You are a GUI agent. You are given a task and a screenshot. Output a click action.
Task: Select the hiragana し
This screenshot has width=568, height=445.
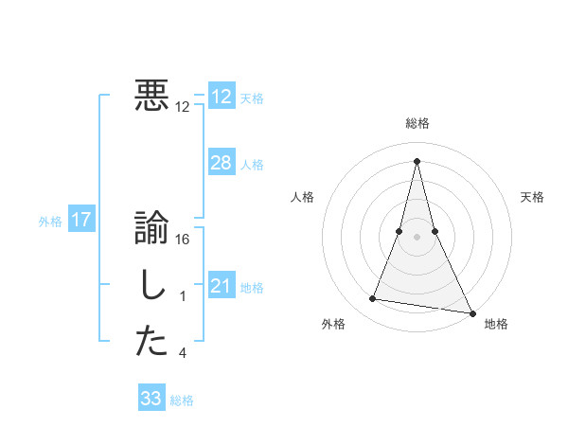[151, 287]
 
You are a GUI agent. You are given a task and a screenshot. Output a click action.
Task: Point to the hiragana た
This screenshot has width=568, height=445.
[151, 343]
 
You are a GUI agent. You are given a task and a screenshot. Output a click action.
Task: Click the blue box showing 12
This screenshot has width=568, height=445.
[221, 97]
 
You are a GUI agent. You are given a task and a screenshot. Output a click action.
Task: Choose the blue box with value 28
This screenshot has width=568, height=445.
[221, 163]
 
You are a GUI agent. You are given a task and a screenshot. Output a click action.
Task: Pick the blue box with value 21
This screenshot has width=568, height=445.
[221, 285]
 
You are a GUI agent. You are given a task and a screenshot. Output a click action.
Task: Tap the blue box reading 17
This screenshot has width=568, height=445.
[81, 221]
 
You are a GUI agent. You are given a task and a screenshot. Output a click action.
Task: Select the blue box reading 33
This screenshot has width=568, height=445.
[151, 399]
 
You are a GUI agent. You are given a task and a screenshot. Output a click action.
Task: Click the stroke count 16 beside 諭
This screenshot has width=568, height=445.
[183, 240]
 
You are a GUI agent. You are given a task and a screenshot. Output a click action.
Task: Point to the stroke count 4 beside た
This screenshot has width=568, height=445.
[183, 353]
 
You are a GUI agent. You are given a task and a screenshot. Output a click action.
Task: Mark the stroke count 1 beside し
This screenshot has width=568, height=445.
[183, 296]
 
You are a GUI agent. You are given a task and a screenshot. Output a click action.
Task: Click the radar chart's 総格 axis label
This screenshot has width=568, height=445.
[417, 123]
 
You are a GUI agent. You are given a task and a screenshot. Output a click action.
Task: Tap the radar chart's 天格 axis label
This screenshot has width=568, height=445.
[532, 197]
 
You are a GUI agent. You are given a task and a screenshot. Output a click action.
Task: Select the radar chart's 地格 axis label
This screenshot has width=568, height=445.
[496, 324]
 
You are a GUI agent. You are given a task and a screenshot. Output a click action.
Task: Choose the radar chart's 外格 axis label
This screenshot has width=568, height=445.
[333, 324]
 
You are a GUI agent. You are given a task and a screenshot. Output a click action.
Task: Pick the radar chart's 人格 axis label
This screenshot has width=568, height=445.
[302, 197]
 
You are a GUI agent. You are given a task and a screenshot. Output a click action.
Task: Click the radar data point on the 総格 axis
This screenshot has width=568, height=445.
[417, 159]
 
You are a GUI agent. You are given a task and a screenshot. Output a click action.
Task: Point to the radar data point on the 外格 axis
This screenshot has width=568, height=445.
[373, 299]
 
